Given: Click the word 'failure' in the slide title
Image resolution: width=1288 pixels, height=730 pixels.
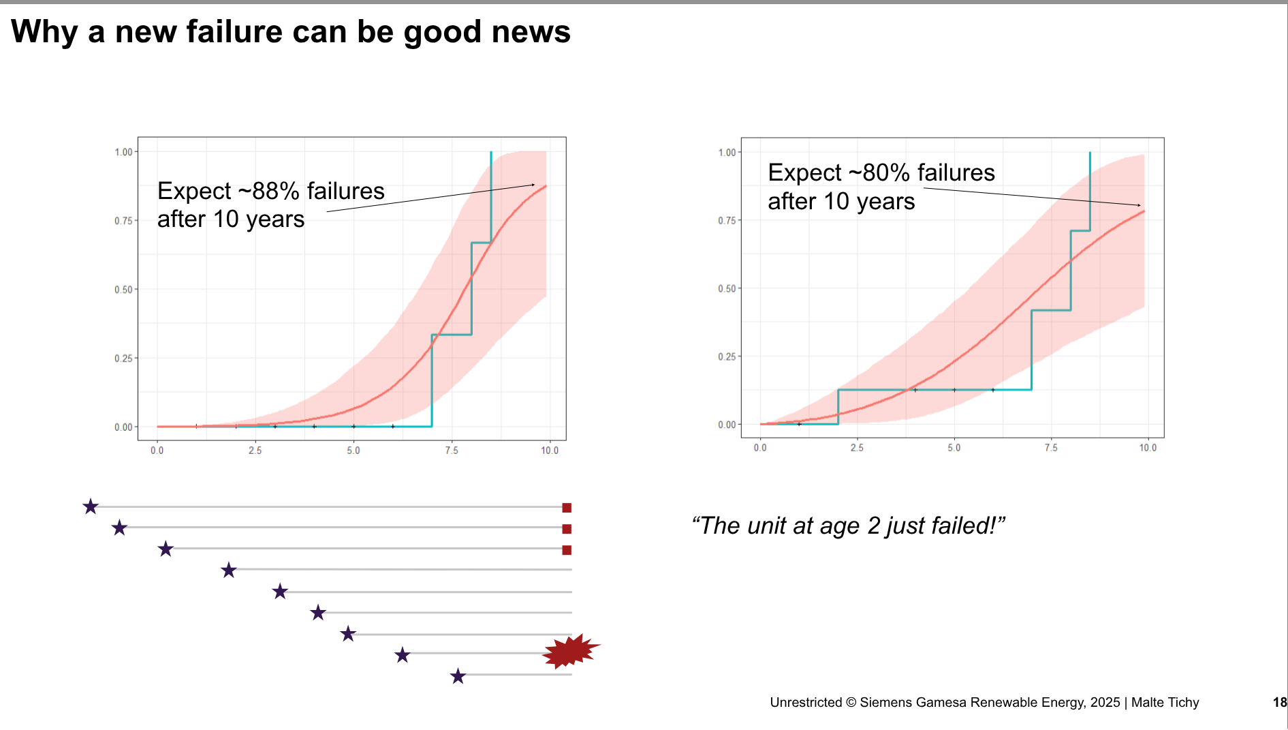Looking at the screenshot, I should [234, 32].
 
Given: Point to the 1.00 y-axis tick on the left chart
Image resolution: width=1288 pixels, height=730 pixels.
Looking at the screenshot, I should [123, 152].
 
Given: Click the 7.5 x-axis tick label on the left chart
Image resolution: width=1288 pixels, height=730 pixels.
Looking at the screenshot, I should [452, 451].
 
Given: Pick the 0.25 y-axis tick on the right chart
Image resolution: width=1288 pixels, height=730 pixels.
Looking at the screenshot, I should [727, 356].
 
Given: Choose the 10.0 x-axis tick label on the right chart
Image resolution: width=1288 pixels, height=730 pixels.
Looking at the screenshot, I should [1148, 448].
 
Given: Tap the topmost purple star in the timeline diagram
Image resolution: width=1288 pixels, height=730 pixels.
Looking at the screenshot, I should [91, 506].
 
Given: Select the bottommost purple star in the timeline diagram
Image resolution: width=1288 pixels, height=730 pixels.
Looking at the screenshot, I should [458, 676].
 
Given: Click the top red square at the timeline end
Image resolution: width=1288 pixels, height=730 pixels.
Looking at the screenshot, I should [567, 508].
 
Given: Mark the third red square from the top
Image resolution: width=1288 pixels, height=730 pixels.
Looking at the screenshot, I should [567, 550].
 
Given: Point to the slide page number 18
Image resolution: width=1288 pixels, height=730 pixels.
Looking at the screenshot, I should [1280, 702].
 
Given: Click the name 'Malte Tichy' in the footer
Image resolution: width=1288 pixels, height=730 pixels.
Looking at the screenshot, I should [1165, 702].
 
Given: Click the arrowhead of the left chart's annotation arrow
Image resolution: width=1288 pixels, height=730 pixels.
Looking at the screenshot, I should [533, 185].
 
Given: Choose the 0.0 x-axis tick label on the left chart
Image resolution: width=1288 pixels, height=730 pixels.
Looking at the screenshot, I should [157, 451].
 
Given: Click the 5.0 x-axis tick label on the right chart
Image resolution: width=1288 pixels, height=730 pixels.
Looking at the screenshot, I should [954, 448].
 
